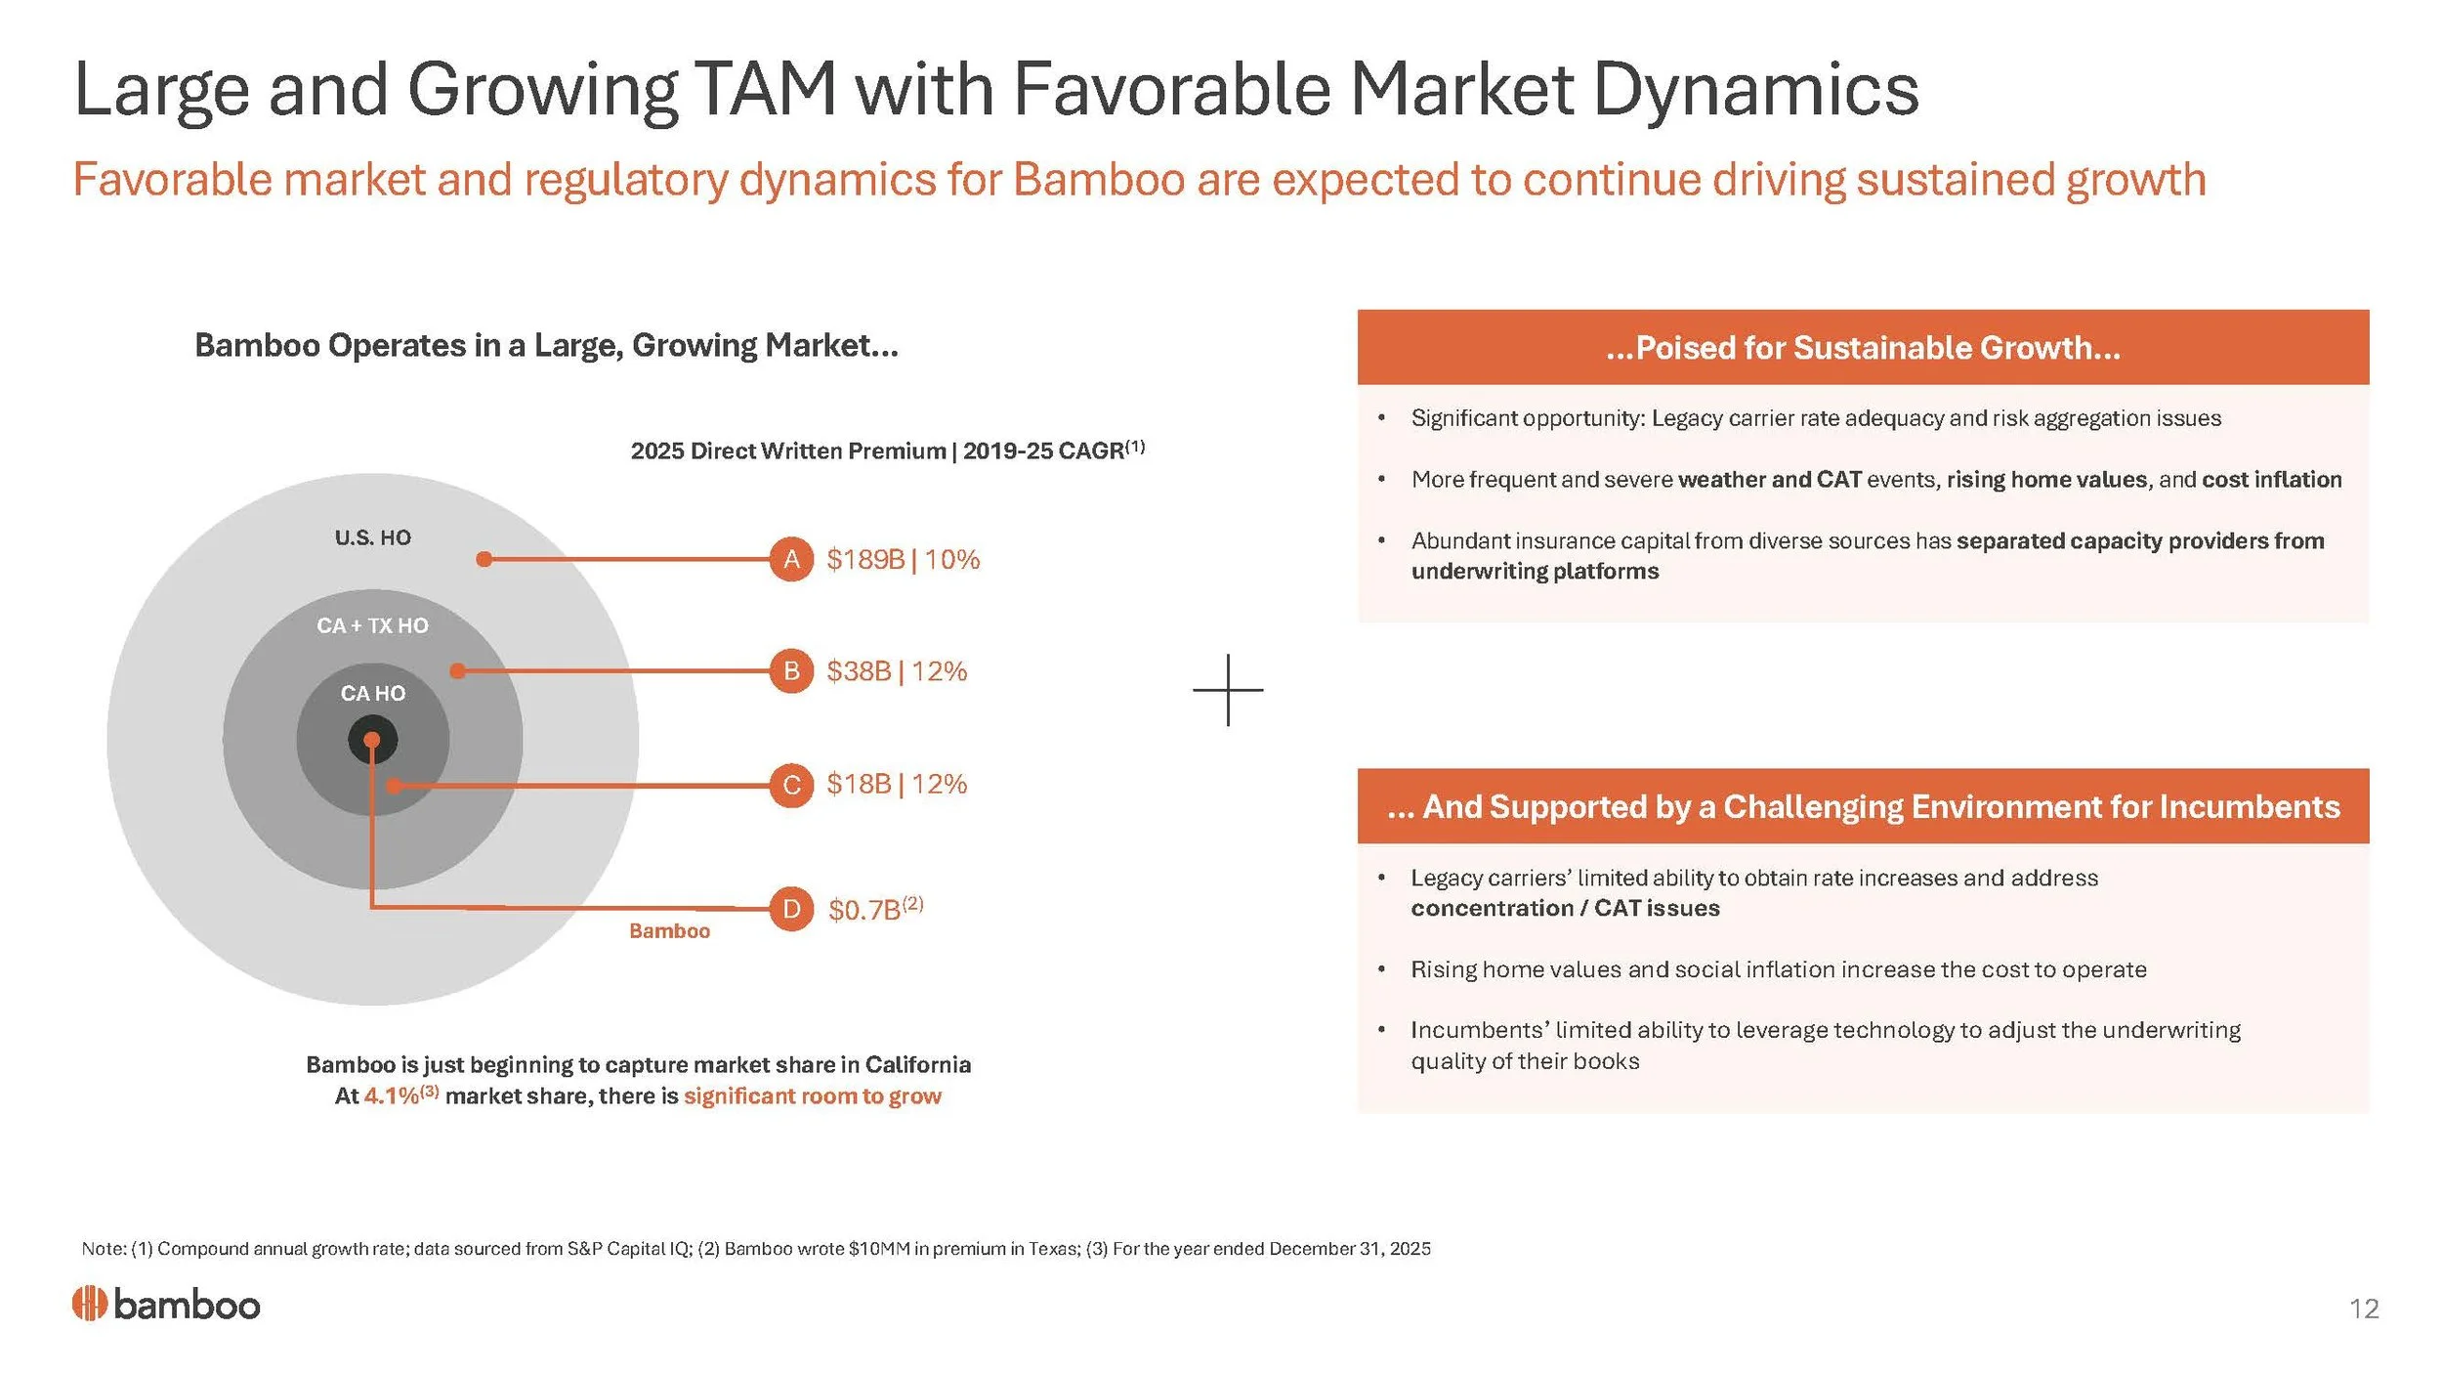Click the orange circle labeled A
791,559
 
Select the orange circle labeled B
791,670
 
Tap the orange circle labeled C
791,785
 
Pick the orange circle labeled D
791,909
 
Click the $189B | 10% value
903,559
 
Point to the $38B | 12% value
897,671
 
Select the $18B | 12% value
897,784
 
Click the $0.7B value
864,910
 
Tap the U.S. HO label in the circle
373,537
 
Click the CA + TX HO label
372,625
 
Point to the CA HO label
373,693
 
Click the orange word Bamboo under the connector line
669,930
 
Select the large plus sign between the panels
1228,690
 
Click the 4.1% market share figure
392,1095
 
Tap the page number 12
2364,1309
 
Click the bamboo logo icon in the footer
89,1304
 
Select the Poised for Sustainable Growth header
1863,347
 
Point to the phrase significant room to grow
813,1095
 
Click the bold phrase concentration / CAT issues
1565,908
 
